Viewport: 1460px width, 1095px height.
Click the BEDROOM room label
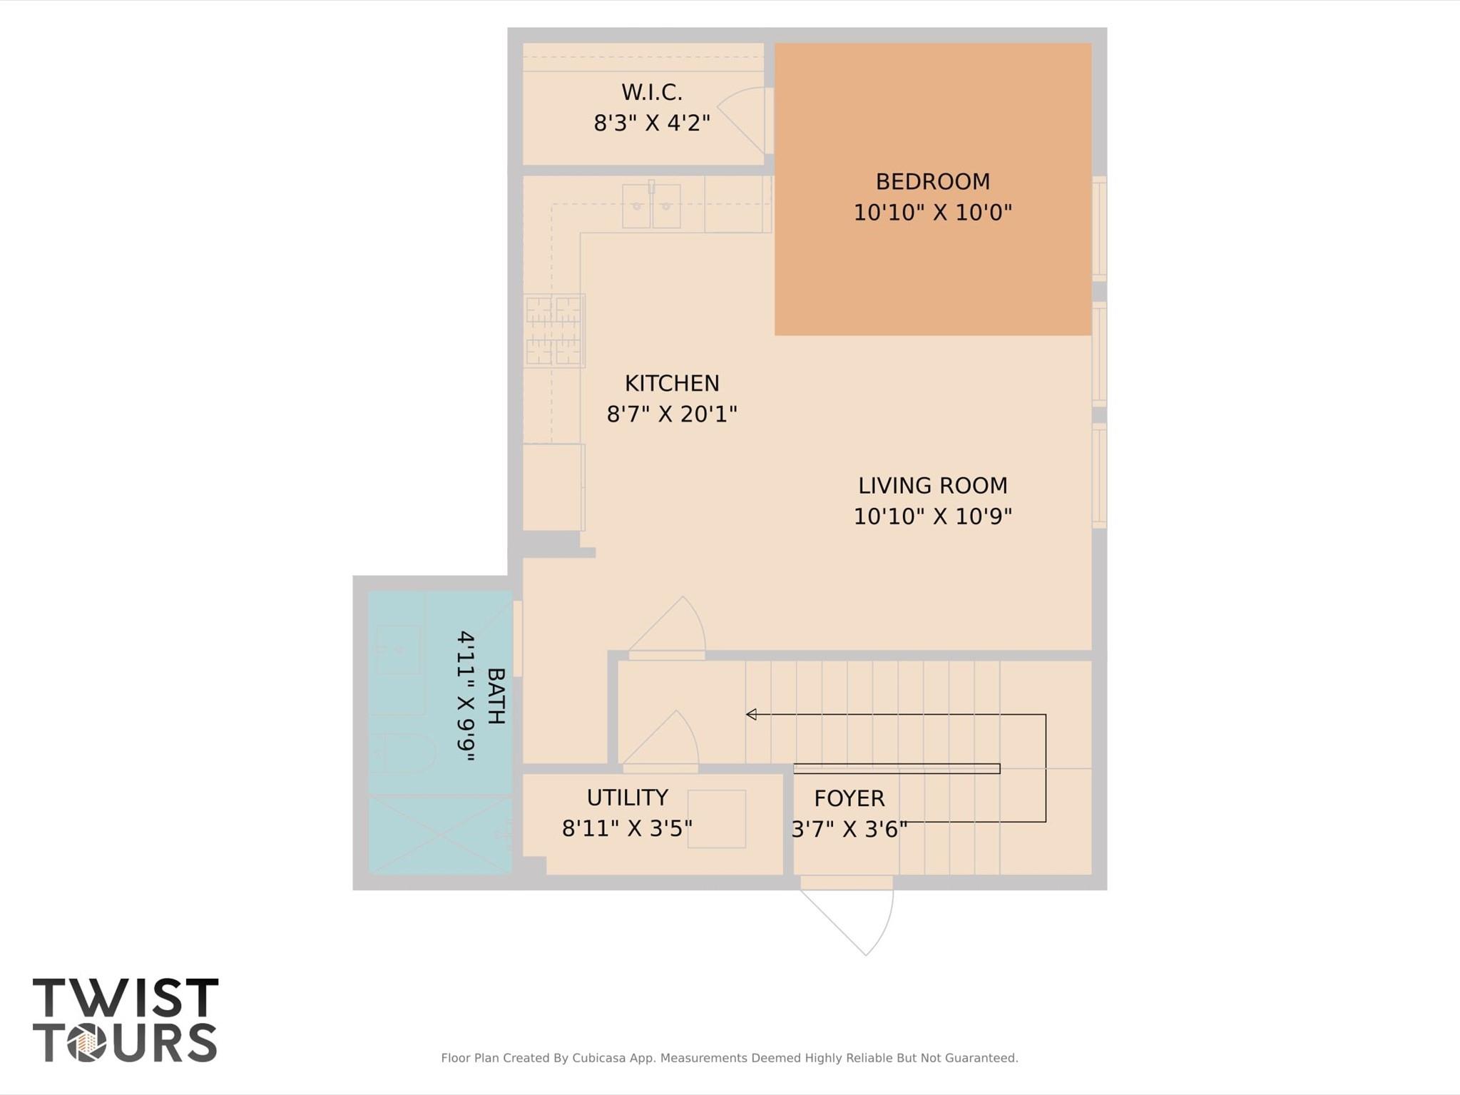pos(932,182)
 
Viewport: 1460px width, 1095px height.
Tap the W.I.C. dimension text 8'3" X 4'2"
pos(652,123)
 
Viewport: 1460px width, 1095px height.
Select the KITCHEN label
pos(672,384)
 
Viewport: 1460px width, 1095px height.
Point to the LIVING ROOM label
pos(932,486)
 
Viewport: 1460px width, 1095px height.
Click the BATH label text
pos(496,696)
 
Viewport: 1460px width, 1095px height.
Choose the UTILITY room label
pos(627,798)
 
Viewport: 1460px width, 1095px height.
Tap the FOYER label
pos(849,798)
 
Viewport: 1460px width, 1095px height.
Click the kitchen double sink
pos(651,206)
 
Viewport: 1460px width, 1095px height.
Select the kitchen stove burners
pos(553,330)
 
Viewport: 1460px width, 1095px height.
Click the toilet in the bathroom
pos(404,753)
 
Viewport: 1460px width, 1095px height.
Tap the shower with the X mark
pos(439,835)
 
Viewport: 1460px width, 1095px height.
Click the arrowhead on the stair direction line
pos(751,714)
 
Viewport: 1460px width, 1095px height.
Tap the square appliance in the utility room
pos(716,819)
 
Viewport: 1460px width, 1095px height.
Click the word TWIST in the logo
pos(126,997)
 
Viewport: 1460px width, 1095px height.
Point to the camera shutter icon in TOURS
pos(87,1043)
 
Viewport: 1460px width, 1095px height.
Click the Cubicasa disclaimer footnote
pos(729,1058)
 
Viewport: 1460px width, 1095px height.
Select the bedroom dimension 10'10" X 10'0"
pos(932,213)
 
